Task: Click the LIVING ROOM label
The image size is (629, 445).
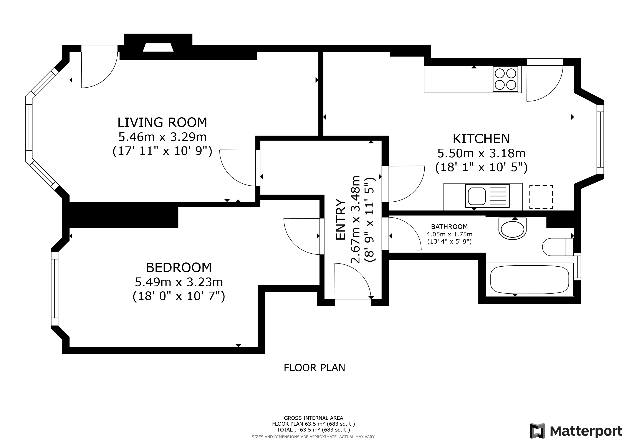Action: (162, 123)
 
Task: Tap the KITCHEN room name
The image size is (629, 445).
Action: (481, 139)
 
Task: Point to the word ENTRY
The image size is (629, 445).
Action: (341, 220)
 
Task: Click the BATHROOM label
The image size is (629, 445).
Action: (449, 227)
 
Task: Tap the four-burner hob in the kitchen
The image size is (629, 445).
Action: (506, 79)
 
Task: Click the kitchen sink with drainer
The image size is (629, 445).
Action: (487, 196)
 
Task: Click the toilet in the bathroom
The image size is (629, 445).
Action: (558, 247)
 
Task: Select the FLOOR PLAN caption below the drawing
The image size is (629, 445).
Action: (314, 368)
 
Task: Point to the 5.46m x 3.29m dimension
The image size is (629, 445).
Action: (162, 137)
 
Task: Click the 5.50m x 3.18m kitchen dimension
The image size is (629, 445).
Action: (481, 153)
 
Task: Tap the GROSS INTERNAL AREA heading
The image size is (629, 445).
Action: (313, 418)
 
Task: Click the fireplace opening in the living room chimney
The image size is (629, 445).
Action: (158, 47)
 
